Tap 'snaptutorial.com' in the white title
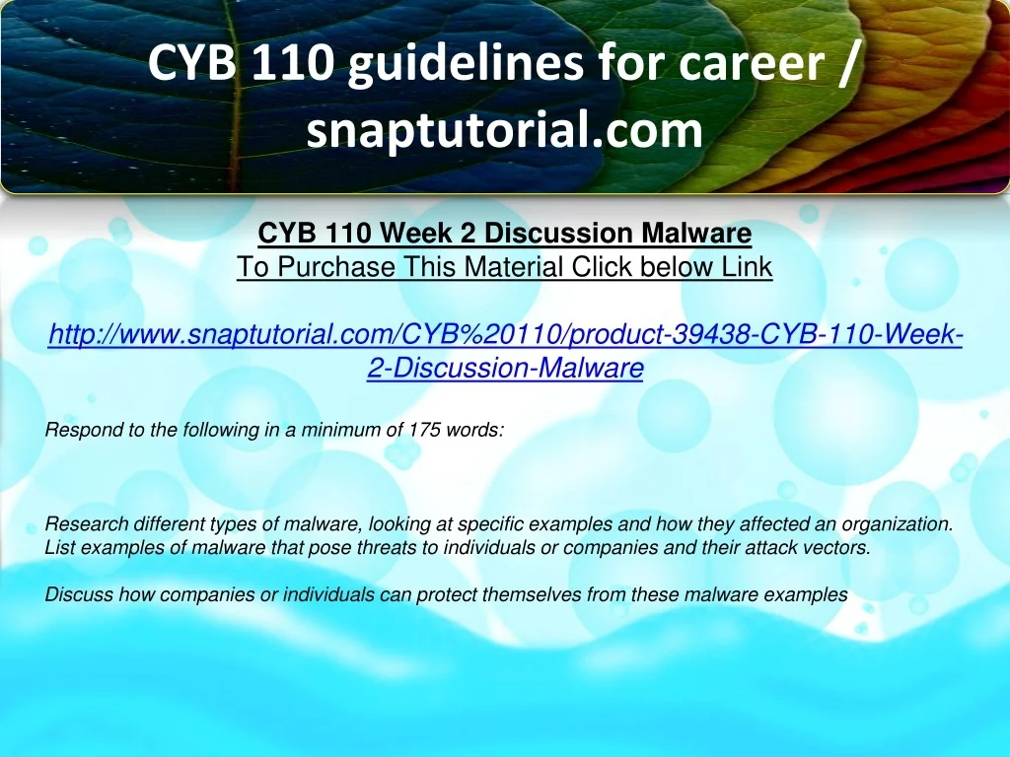click(504, 130)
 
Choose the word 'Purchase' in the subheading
click(335, 266)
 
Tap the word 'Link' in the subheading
click(747, 266)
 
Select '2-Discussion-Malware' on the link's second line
click(505, 369)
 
